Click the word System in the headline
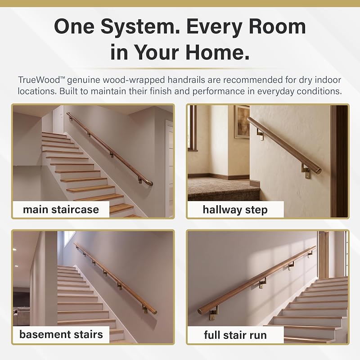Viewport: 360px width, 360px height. pos(140,27)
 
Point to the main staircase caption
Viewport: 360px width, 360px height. pos(61,210)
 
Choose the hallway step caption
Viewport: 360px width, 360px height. pos(235,210)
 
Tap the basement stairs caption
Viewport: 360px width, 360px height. pos(61,334)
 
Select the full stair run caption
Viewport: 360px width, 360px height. pos(235,335)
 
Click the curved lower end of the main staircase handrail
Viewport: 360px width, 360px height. pos(149,183)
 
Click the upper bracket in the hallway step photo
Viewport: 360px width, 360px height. pos(260,134)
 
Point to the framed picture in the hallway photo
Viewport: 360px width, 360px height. pos(242,121)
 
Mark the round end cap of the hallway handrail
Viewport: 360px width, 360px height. pos(319,171)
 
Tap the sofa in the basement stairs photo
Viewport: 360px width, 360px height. pos(21,317)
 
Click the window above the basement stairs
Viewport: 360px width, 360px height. pos(69,238)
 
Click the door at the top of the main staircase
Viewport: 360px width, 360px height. pos(58,120)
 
